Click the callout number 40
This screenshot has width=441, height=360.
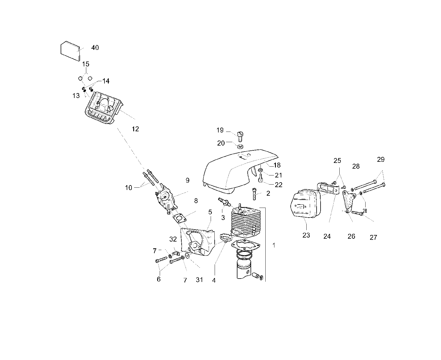(x=95, y=48)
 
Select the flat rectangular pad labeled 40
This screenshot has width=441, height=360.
(x=70, y=51)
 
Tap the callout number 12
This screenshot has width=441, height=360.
(x=135, y=129)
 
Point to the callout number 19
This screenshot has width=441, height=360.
(x=220, y=130)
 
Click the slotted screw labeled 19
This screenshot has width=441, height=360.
(x=240, y=136)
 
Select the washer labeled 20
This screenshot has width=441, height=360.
(x=241, y=146)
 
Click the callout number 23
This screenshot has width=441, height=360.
(x=306, y=235)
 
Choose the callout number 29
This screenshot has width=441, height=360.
(x=381, y=159)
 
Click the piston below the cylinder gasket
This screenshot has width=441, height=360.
(x=244, y=269)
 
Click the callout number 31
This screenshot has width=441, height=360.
(x=199, y=280)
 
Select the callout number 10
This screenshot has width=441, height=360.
(x=129, y=188)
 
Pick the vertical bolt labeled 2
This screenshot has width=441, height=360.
(x=254, y=194)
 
